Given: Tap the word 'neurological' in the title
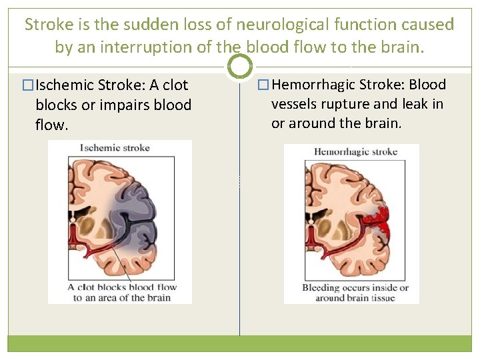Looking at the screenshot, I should (287, 25).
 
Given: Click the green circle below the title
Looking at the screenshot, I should (240, 66).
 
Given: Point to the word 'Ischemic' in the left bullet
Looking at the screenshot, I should (65, 86).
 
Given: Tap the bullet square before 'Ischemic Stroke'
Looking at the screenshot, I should (27, 86).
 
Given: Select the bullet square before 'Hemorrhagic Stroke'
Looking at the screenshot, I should (263, 85).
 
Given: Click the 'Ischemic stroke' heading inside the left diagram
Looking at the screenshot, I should (115, 148).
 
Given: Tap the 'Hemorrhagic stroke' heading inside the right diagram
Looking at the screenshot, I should (355, 152).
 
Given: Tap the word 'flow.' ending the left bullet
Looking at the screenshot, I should (52, 125).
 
